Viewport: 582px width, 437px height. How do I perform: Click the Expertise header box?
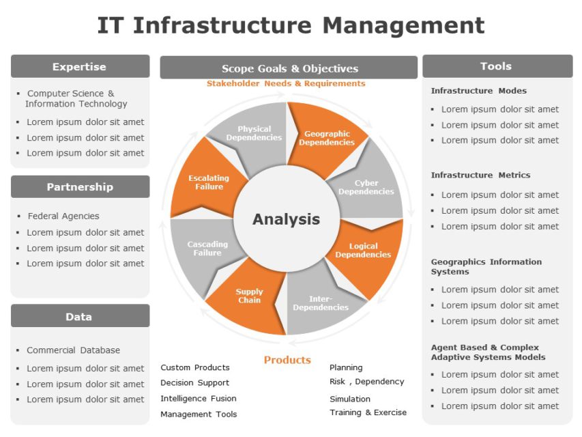[80, 67]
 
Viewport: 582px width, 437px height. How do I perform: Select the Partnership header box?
[80, 187]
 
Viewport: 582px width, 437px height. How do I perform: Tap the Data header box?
[80, 317]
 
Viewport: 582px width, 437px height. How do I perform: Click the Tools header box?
[497, 66]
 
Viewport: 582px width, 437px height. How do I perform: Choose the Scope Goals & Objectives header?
[289, 68]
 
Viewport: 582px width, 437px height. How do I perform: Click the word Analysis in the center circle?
[286, 219]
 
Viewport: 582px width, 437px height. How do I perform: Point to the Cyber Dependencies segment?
[366, 187]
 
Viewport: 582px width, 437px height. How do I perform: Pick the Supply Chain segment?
[250, 296]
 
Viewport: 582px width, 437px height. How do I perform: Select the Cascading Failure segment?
[207, 249]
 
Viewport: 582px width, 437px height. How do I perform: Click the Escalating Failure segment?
[209, 182]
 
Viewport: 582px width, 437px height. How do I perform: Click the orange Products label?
[287, 360]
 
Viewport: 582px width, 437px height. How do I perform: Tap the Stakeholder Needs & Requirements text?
[286, 83]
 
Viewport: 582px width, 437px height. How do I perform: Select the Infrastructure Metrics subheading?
[480, 175]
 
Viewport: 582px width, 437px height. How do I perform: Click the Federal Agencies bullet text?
[63, 216]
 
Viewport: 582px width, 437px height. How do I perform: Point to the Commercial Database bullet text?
[73, 350]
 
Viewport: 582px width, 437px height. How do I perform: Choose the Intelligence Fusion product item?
[199, 398]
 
